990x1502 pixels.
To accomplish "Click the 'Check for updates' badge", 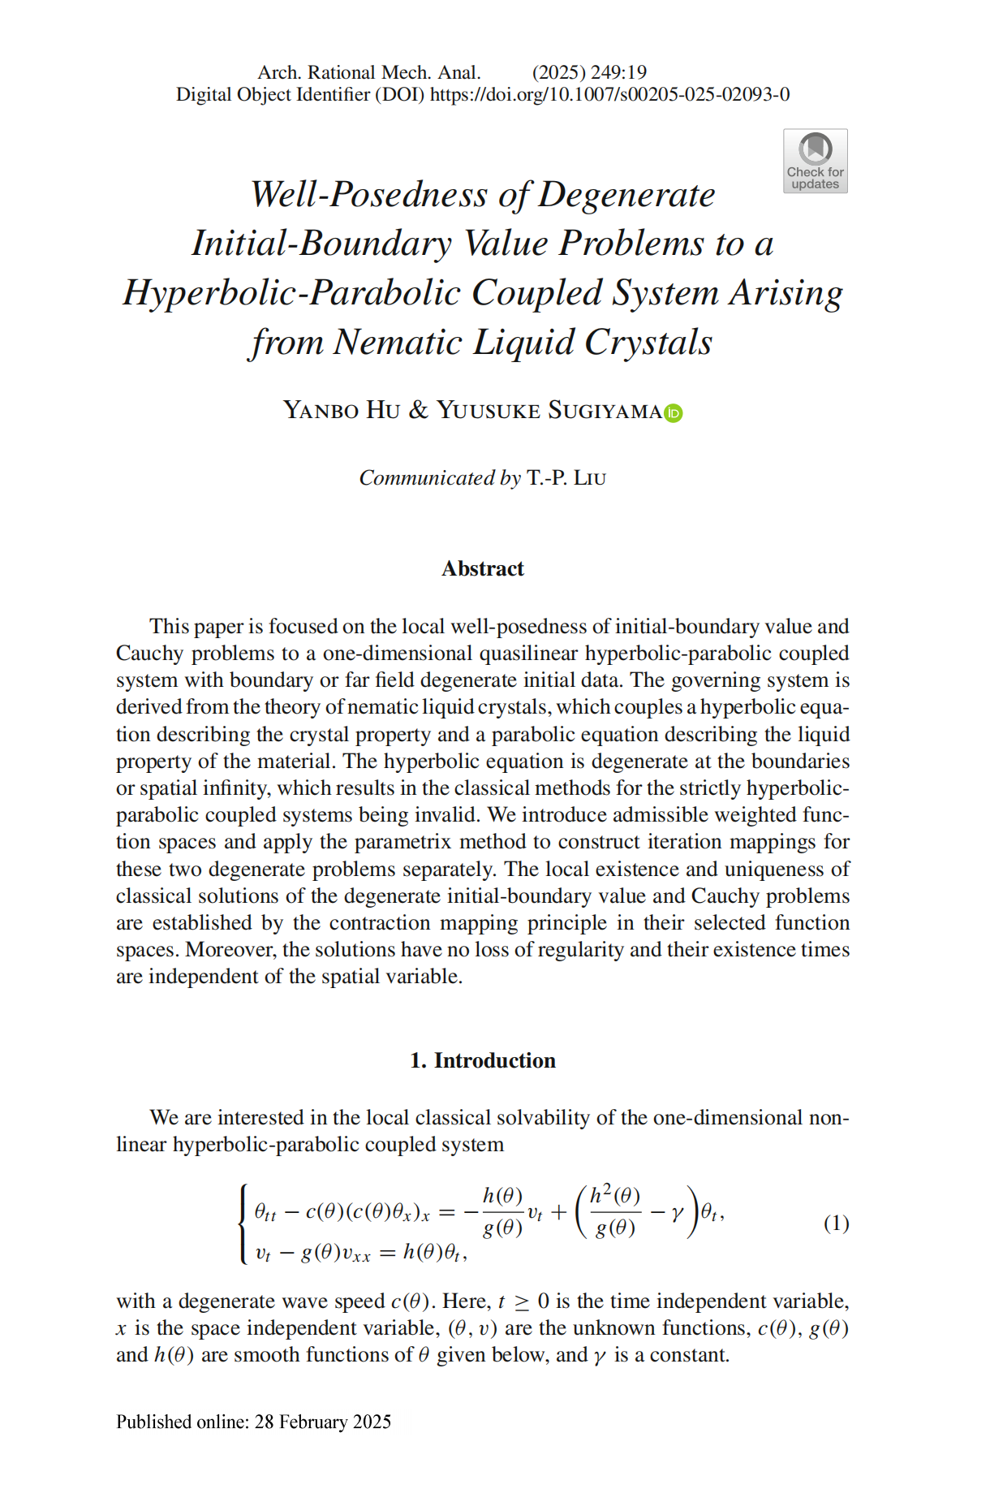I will (x=815, y=161).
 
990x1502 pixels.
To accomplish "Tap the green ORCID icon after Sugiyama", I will (x=674, y=413).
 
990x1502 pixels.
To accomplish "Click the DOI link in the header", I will (x=609, y=95).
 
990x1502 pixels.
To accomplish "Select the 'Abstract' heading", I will (x=483, y=568).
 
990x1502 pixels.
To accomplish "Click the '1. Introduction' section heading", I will (x=483, y=1060).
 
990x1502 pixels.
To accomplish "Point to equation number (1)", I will (x=836, y=1223).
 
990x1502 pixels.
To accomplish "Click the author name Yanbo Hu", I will (x=342, y=410).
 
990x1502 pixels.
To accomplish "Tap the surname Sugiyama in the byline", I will (x=605, y=410).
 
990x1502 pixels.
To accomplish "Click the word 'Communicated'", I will (x=427, y=477).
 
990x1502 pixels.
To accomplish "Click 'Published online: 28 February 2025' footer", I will (x=253, y=1422).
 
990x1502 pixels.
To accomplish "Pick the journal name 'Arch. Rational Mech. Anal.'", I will (x=369, y=72).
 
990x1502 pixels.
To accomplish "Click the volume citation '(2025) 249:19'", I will (x=589, y=72).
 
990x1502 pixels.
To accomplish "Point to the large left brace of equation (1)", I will (x=243, y=1224).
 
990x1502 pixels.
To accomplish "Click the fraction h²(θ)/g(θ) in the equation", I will (x=615, y=1211).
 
